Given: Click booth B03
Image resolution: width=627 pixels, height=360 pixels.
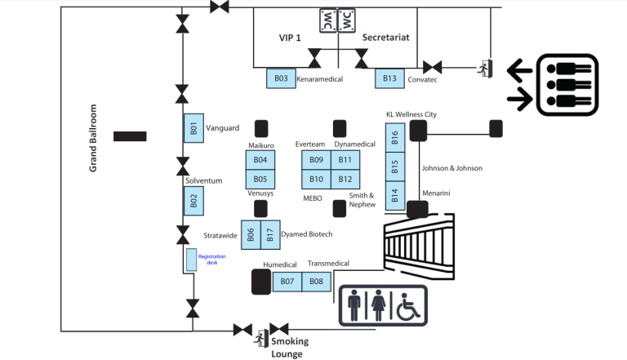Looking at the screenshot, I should click(x=281, y=78).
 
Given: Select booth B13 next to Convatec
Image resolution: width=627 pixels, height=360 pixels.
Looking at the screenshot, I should click(x=390, y=78).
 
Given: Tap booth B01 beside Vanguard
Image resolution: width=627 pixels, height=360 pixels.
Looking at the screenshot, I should click(x=193, y=128).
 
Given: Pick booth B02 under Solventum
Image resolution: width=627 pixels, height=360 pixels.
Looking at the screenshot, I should click(x=193, y=201).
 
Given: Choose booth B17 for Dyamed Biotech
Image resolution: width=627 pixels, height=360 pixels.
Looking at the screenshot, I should click(x=269, y=234).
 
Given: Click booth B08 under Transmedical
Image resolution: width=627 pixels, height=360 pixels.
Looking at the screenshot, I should click(x=316, y=282).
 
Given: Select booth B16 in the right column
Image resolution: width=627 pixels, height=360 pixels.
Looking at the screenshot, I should click(x=395, y=138).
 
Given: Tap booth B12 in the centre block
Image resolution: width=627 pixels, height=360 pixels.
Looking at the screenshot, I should click(x=345, y=179).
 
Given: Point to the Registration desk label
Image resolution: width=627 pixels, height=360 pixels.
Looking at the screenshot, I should click(x=211, y=259).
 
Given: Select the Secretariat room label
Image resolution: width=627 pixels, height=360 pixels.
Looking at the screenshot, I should click(x=385, y=38).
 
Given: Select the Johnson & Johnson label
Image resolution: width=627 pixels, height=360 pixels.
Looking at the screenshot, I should click(x=451, y=168).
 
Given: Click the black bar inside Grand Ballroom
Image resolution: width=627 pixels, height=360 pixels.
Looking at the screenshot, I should click(x=130, y=136).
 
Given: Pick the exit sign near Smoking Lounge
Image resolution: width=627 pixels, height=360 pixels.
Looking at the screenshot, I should click(x=262, y=336).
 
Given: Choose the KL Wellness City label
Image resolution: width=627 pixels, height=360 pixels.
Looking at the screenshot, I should click(x=411, y=114).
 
